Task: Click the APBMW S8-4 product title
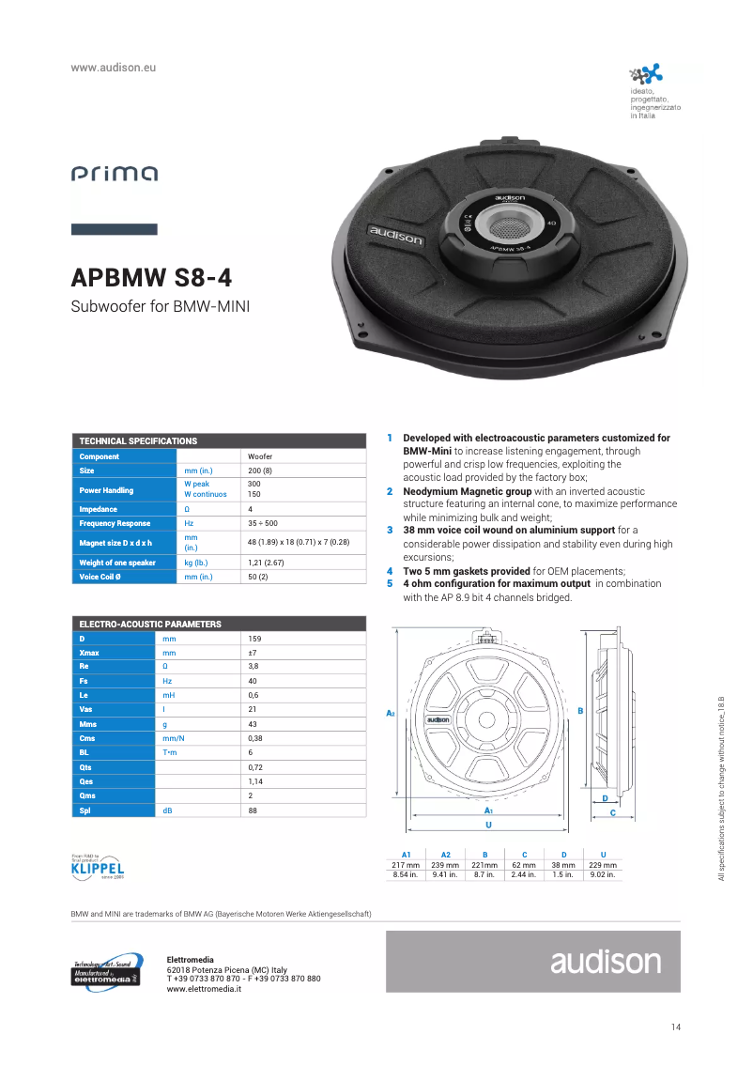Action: pos(152,279)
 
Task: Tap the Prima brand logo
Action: pos(115,174)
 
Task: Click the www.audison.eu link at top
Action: pos(113,69)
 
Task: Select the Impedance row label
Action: pos(100,509)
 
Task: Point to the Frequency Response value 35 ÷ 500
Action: pos(262,523)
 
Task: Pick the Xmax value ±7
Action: pos(253,652)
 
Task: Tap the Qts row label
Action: pos(85,767)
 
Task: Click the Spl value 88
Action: pos(253,810)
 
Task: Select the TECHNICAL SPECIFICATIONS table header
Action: pos(138,440)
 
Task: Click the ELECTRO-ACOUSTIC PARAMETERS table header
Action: pos(150,624)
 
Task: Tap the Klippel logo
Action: pos(98,867)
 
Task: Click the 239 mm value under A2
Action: pos(445,864)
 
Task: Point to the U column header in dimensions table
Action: pos(603,854)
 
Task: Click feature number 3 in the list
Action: pos(390,530)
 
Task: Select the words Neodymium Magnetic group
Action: pos(453,491)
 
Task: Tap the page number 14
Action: pos(676,1026)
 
